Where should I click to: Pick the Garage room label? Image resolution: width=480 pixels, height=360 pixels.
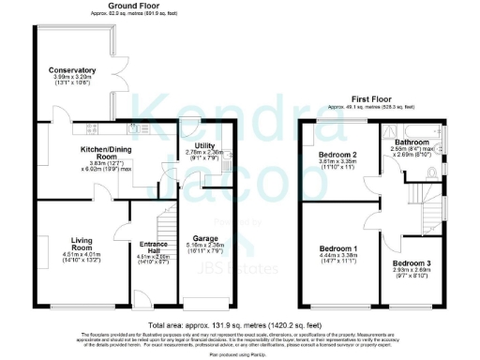(x=205, y=239)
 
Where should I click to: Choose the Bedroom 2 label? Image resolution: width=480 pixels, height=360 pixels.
(x=337, y=154)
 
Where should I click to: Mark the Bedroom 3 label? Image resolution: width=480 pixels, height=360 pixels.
(x=412, y=264)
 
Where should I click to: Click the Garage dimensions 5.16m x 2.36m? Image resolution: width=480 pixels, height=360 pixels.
(x=205, y=247)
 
